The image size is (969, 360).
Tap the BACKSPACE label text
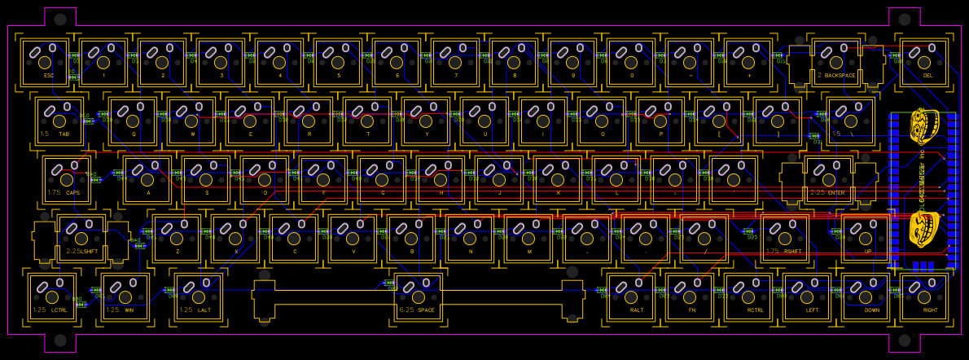(839, 75)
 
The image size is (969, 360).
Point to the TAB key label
(64, 134)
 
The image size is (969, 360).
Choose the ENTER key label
(835, 192)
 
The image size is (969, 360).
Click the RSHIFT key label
(793, 252)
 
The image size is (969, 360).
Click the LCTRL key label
(59, 310)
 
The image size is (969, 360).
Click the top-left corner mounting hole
(60, 19)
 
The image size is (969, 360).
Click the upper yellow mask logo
(923, 126)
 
